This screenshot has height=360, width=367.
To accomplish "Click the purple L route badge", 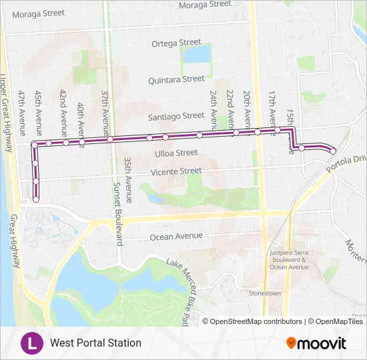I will point(31,343).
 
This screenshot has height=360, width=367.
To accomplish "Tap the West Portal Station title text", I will point(95,343).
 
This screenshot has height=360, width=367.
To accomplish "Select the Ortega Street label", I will point(176,43).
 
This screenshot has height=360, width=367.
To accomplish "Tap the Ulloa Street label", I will point(176,153).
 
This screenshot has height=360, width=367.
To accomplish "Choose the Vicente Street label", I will point(176,171).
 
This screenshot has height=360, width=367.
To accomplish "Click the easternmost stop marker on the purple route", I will point(333,151).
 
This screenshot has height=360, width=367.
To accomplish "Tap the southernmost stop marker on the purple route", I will point(36,198).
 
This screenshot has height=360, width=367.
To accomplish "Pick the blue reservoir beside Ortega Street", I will point(197,54).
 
